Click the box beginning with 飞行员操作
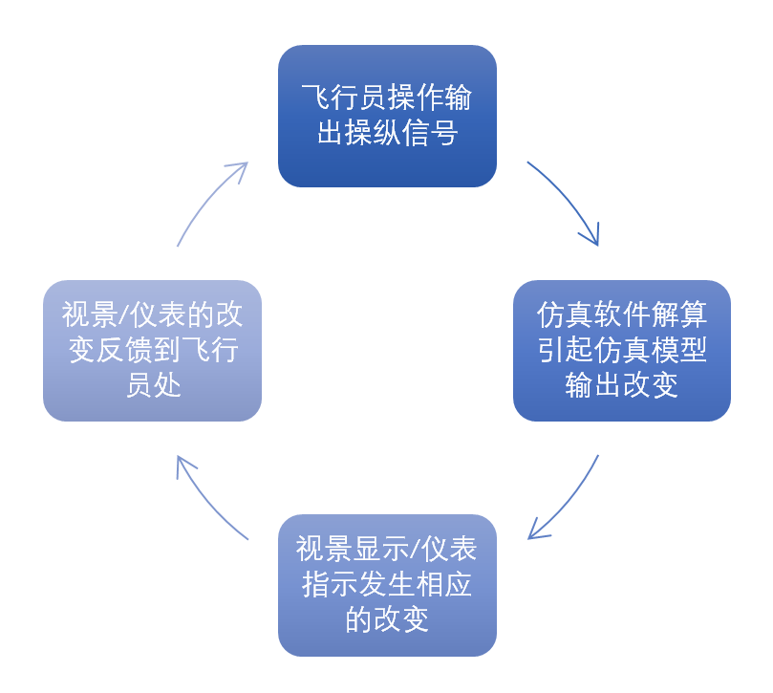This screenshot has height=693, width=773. [x=387, y=116]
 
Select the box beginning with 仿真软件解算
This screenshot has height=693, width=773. [x=622, y=351]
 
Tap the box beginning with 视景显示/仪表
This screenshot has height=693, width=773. [x=387, y=585]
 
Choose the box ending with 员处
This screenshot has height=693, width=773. [x=152, y=351]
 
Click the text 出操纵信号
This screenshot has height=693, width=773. [x=387, y=133]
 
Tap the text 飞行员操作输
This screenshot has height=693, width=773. [x=387, y=98]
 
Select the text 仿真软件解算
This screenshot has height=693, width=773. [x=622, y=315]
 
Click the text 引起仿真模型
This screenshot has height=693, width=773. [x=622, y=351]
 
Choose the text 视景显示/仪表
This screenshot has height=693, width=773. [x=387, y=550]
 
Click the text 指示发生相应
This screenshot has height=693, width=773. [x=387, y=585]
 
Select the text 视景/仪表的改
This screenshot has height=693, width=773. [x=152, y=315]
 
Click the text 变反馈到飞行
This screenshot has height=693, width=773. [x=152, y=351]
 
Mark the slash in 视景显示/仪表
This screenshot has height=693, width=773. [x=413, y=551]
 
